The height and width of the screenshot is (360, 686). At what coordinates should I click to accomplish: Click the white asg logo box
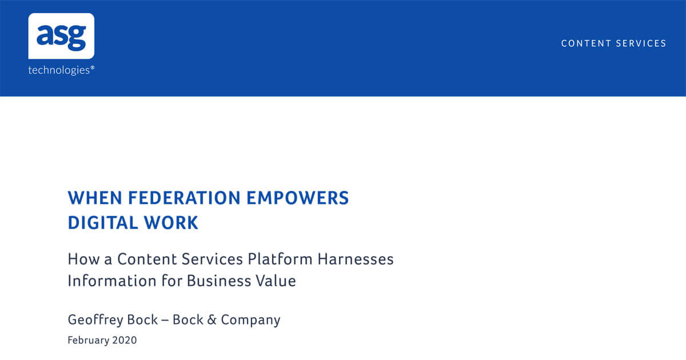61,36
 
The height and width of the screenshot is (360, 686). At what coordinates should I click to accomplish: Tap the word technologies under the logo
59,70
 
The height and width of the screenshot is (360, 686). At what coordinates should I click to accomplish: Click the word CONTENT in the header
586,43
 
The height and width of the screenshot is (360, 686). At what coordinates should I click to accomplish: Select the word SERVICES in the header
641,43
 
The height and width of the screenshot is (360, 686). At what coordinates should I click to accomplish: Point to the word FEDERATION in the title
184,198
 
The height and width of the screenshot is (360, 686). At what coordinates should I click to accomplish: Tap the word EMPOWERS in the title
297,198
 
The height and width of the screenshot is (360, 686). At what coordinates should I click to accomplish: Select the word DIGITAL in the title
102,222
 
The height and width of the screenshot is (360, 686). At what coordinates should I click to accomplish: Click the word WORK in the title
171,222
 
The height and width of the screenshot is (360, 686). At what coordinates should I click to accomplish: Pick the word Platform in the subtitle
280,259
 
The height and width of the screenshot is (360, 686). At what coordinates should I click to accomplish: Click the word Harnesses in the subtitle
355,259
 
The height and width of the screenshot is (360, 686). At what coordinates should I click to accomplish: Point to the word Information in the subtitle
112,281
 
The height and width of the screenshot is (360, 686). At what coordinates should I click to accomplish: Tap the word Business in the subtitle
218,281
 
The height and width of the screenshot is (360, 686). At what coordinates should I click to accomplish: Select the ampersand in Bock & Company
212,320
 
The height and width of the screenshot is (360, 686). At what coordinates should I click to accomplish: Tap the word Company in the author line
250,321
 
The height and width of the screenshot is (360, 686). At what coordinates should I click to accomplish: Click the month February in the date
88,340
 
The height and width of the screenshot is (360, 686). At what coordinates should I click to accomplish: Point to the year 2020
125,340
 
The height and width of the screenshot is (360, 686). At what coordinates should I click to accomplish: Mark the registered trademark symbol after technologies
93,67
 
